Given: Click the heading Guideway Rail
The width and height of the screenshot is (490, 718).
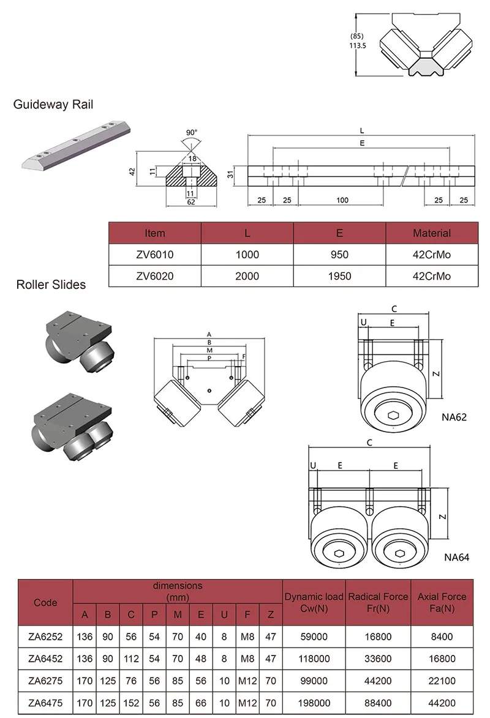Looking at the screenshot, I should click(x=53, y=105).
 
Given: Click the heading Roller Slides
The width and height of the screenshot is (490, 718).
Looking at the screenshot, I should click(x=51, y=285).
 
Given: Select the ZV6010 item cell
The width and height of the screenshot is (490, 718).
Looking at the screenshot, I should click(x=154, y=255).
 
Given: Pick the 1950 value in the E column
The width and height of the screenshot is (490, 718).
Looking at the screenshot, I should click(x=339, y=276).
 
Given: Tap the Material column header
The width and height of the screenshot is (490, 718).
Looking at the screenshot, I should click(x=431, y=233).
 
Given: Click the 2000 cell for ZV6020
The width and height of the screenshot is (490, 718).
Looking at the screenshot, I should click(x=247, y=276).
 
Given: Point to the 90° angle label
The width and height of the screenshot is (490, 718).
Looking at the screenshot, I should click(x=191, y=132).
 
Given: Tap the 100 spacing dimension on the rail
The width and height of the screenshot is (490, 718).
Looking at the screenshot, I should click(x=342, y=200).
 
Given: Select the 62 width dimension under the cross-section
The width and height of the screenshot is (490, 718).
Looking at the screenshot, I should click(x=191, y=202).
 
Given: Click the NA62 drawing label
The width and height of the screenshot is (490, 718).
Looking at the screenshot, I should click(x=454, y=418).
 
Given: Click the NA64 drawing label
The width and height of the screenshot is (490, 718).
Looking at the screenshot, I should click(x=456, y=558).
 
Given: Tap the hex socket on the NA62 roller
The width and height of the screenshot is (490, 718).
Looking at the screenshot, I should click(x=393, y=416).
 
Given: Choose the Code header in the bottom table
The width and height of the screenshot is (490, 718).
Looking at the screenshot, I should click(x=45, y=602).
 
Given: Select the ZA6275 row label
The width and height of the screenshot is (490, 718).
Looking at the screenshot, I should click(x=45, y=681).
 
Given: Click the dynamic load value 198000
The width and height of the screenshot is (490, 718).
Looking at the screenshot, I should click(x=314, y=703).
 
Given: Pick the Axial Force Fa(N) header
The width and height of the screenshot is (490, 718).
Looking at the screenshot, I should click(x=442, y=602).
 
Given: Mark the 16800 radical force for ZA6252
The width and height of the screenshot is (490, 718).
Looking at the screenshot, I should click(x=378, y=637).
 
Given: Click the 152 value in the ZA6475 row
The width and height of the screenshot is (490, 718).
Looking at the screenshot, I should click(x=131, y=703).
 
